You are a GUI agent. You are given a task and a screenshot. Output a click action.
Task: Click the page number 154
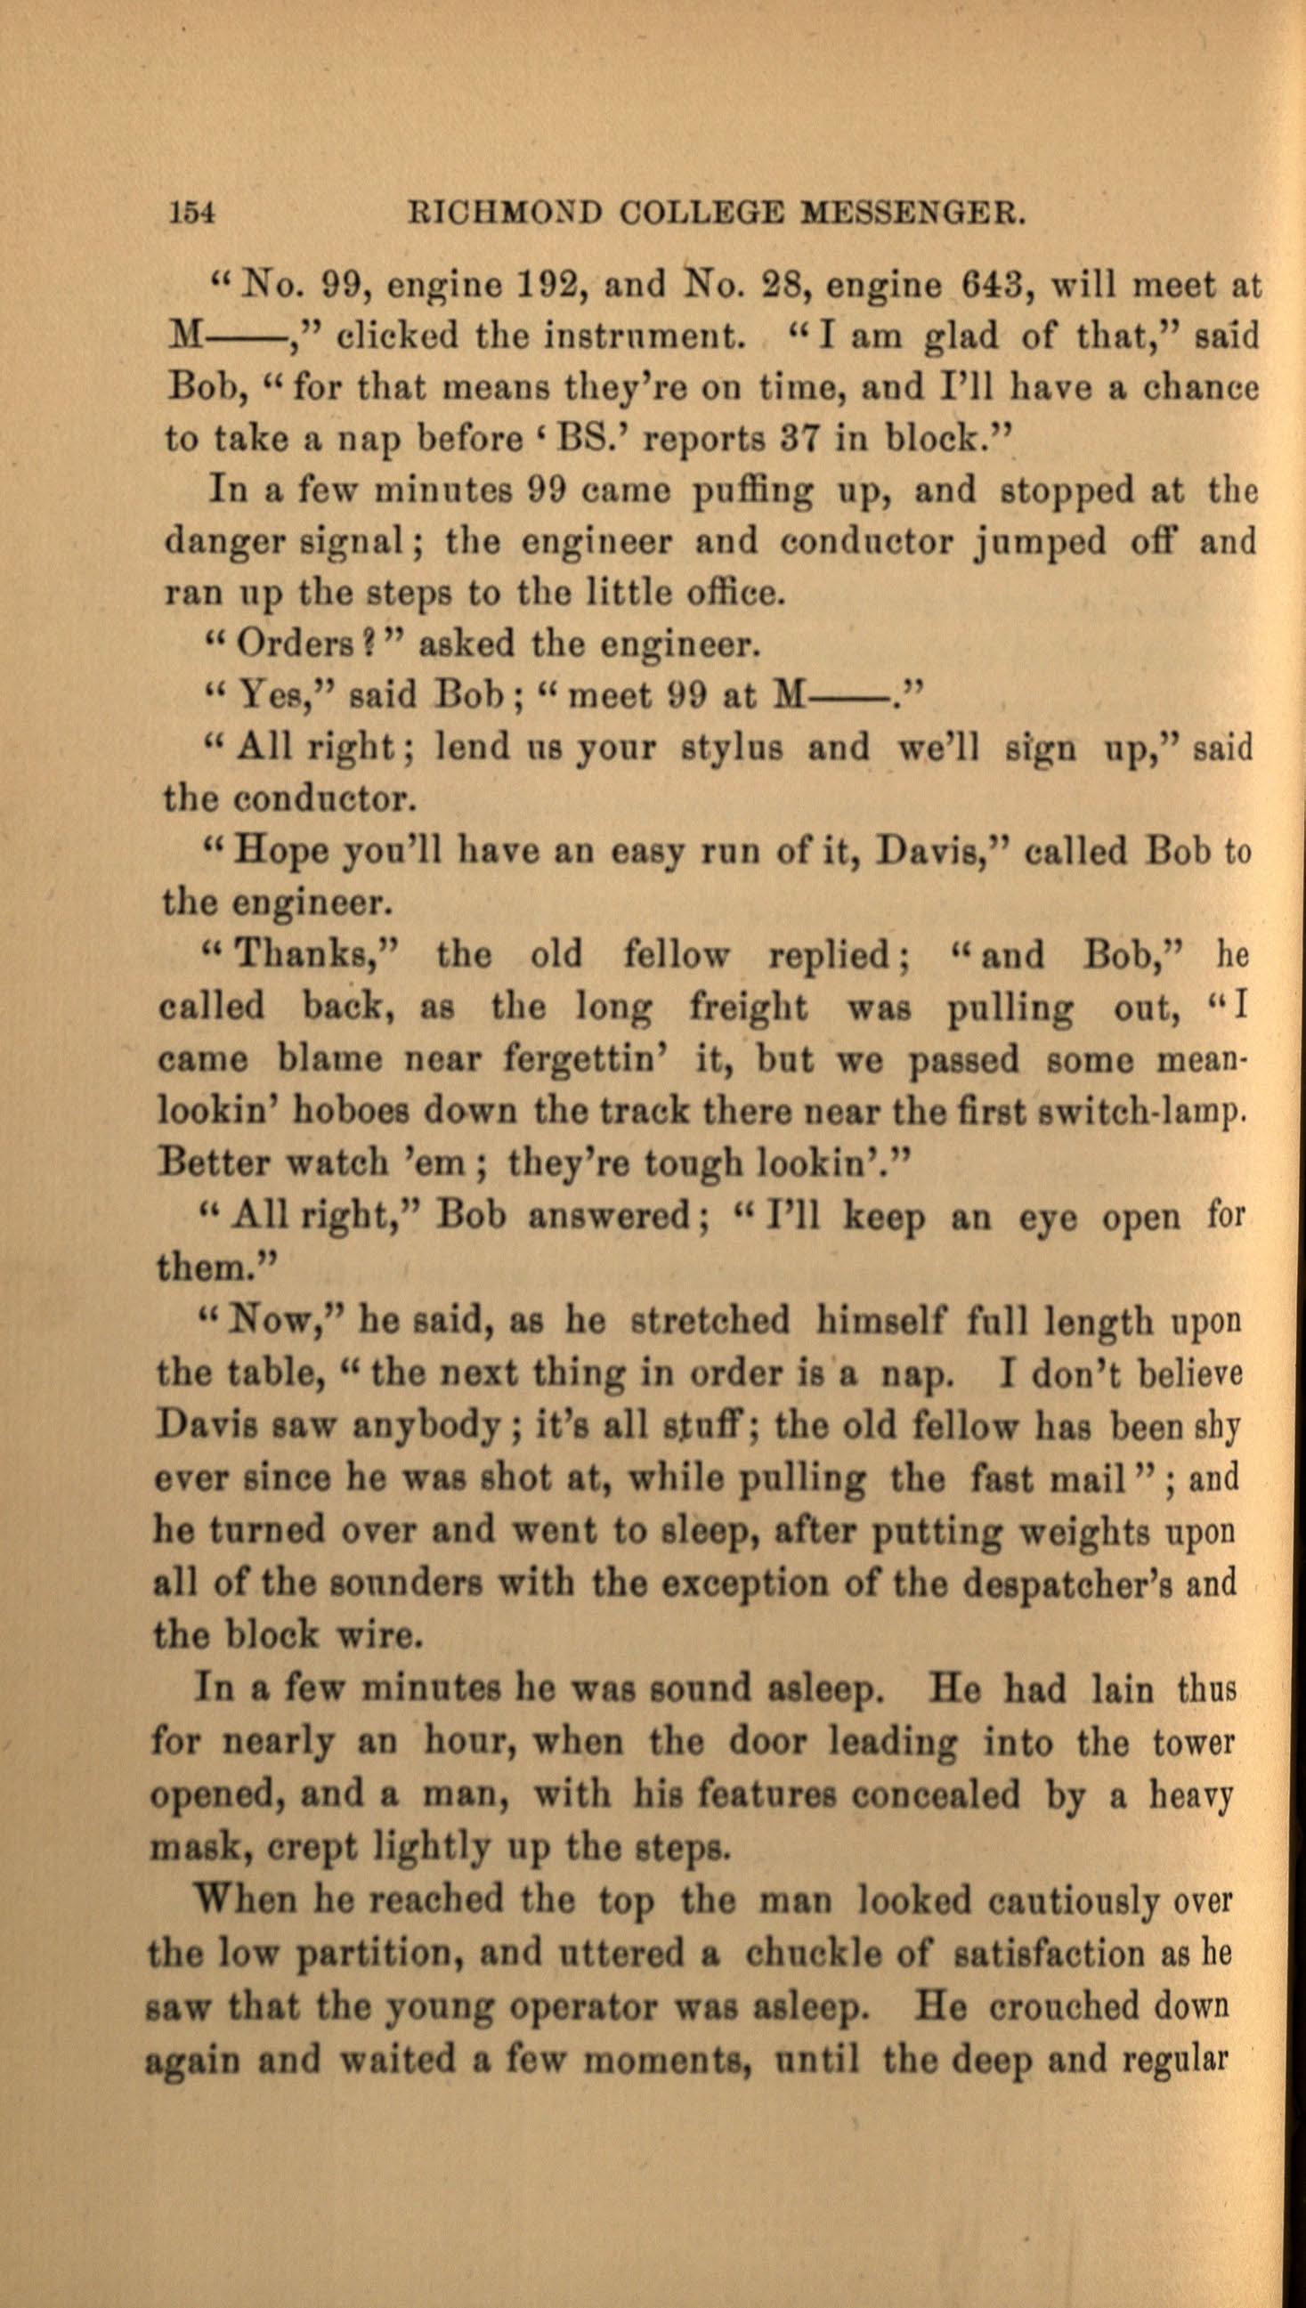coord(191,215)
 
